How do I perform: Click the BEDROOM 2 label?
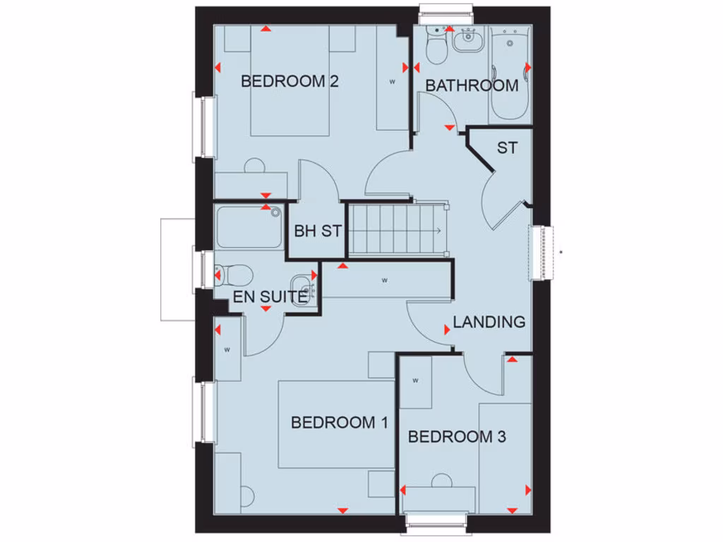pyautogui.click(x=289, y=81)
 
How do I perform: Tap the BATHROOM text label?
pyautogui.click(x=472, y=86)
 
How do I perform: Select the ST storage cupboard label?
pyautogui.click(x=506, y=148)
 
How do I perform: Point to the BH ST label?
pyautogui.click(x=318, y=231)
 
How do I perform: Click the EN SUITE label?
pyautogui.click(x=270, y=297)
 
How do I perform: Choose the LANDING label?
pyautogui.click(x=489, y=323)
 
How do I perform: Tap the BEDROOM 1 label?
pyautogui.click(x=340, y=423)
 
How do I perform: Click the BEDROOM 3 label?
pyautogui.click(x=457, y=437)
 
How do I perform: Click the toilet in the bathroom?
pyautogui.click(x=436, y=47)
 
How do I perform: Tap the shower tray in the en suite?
pyautogui.click(x=249, y=227)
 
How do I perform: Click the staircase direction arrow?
pyautogui.click(x=438, y=231)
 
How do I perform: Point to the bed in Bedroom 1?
pyautogui.click(x=335, y=424)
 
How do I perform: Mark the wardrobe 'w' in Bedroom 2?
pyautogui.click(x=392, y=82)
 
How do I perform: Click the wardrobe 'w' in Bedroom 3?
pyautogui.click(x=416, y=381)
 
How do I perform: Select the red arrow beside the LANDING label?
pyautogui.click(x=447, y=330)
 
